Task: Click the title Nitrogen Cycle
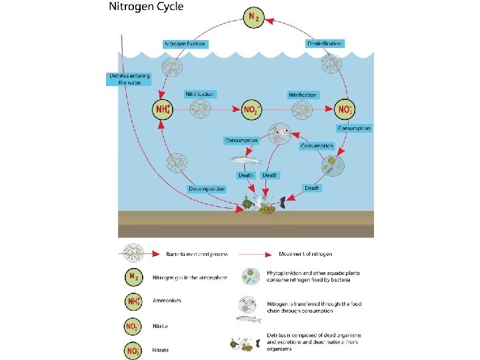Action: click(146, 7)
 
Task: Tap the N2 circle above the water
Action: click(253, 17)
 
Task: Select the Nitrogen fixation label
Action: click(185, 44)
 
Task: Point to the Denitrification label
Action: click(325, 43)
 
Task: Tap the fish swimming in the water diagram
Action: click(245, 159)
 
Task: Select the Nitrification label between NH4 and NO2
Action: click(199, 95)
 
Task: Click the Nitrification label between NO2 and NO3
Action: click(301, 95)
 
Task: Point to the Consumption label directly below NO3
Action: click(354, 128)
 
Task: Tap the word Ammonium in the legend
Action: click(167, 301)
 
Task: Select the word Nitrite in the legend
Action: click(161, 327)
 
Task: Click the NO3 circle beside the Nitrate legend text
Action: click(133, 349)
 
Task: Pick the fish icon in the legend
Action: click(249, 319)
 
